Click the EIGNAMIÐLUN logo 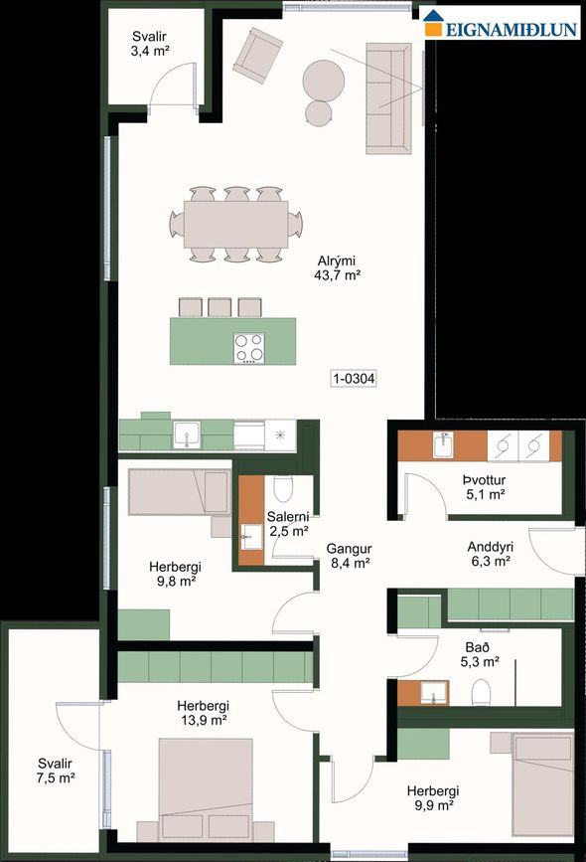[502, 28]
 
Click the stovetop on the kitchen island [249, 347]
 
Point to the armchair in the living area [256, 54]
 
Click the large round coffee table [324, 78]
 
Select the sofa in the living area [388, 97]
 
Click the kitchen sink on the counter [187, 434]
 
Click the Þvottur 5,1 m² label [484, 485]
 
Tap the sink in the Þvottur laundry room [444, 445]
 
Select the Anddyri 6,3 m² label [489, 554]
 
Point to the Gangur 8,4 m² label [350, 555]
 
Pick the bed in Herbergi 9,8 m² [179, 491]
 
